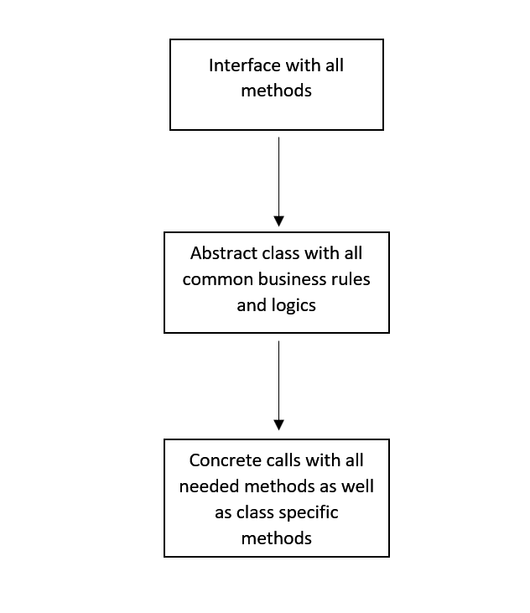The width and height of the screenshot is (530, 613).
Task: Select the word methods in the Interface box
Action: (x=276, y=91)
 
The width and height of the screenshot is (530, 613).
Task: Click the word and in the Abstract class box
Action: (x=251, y=304)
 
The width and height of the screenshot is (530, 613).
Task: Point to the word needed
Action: (x=205, y=486)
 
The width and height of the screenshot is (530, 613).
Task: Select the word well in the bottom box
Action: (x=356, y=486)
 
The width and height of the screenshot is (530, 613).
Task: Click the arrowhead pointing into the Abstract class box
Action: (x=278, y=221)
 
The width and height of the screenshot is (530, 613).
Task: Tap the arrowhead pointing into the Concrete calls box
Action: (x=278, y=424)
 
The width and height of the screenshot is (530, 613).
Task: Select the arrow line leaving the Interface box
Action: (x=278, y=176)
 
